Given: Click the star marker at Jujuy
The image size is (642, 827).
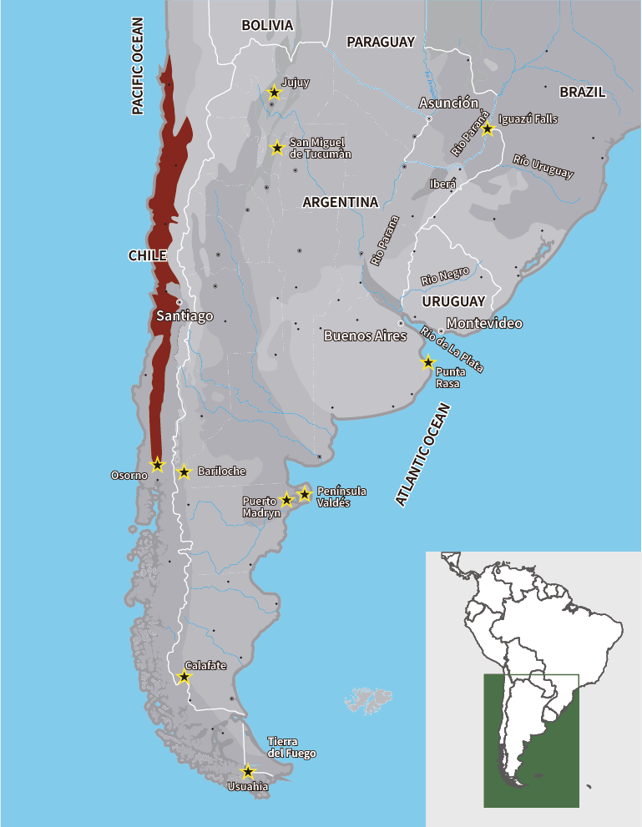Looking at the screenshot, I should pyautogui.click(x=274, y=92).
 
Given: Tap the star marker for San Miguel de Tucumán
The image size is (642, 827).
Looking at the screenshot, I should pyautogui.click(x=276, y=148).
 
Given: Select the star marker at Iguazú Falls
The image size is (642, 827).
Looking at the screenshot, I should pyautogui.click(x=488, y=129).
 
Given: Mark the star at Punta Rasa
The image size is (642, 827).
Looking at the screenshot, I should pyautogui.click(x=427, y=362).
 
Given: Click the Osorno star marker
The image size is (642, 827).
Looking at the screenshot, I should pyautogui.click(x=157, y=464).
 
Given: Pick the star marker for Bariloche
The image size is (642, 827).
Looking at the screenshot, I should pyautogui.click(x=185, y=472).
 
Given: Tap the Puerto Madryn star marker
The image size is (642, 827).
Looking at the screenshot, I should pyautogui.click(x=286, y=500).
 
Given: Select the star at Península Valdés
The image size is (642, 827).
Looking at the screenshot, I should pyautogui.click(x=305, y=495).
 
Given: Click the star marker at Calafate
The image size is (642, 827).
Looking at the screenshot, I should pyautogui.click(x=185, y=677).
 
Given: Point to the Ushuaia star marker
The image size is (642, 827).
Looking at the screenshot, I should pyautogui.click(x=247, y=772).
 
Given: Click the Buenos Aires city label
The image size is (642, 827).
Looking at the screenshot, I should pyautogui.click(x=365, y=336).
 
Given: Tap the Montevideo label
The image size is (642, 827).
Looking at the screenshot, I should pyautogui.click(x=484, y=323).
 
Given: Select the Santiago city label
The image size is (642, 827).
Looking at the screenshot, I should pyautogui.click(x=185, y=316).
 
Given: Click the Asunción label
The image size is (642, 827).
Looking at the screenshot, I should pyautogui.click(x=448, y=103).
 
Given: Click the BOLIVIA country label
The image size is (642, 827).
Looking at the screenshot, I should pyautogui.click(x=267, y=26).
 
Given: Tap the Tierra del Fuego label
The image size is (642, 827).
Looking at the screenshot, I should pyautogui.click(x=291, y=748).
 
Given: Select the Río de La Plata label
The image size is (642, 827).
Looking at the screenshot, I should pyautogui.click(x=452, y=350).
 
